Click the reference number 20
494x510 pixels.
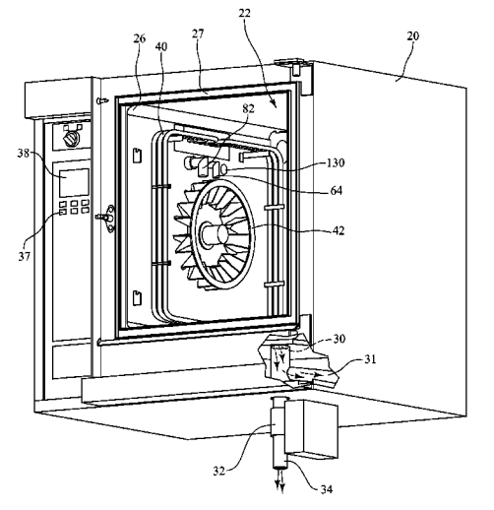pyautogui.click(x=413, y=35)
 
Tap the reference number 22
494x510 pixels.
pyautogui.click(x=244, y=13)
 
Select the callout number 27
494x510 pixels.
pyautogui.click(x=198, y=33)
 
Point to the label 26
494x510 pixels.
pyautogui.click(x=140, y=38)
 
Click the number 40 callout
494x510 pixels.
pyautogui.click(x=161, y=46)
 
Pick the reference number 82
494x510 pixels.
pyautogui.click(x=248, y=108)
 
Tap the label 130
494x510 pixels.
pyautogui.click(x=336, y=162)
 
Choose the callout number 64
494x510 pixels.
pyautogui.click(x=337, y=190)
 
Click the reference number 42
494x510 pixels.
pyautogui.click(x=339, y=230)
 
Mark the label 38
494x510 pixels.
pyautogui.click(x=24, y=153)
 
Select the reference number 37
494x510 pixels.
pyautogui.click(x=24, y=256)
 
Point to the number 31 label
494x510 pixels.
pyautogui.click(x=370, y=359)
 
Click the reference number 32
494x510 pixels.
pyautogui.click(x=219, y=471)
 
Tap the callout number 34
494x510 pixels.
pyautogui.click(x=327, y=489)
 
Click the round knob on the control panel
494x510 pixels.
pyautogui.click(x=71, y=139)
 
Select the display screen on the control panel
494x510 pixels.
pyautogui.click(x=74, y=182)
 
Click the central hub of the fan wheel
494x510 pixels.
pyautogui.click(x=213, y=232)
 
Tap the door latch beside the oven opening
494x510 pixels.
pyautogui.click(x=106, y=218)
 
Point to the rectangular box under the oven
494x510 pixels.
pyautogui.click(x=311, y=428)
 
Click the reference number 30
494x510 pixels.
pyautogui.click(x=340, y=339)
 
